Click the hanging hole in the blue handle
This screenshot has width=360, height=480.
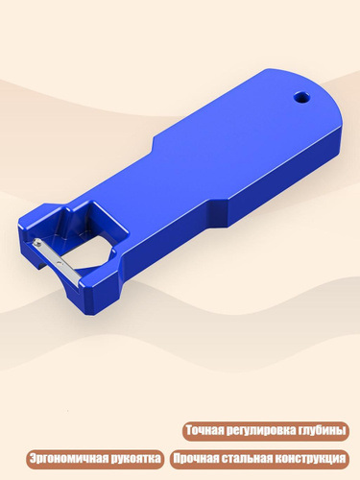pos(301,97)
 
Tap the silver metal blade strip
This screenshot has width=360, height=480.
pos(56,260)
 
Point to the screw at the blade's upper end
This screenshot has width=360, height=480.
pos(38,244)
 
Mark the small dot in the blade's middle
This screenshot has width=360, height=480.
pos(59,262)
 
